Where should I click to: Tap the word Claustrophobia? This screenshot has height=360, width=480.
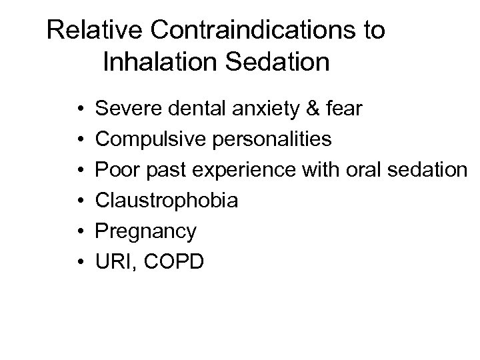167,201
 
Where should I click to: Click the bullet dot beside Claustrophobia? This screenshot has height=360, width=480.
79,201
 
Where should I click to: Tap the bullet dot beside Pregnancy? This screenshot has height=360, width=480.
79,231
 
